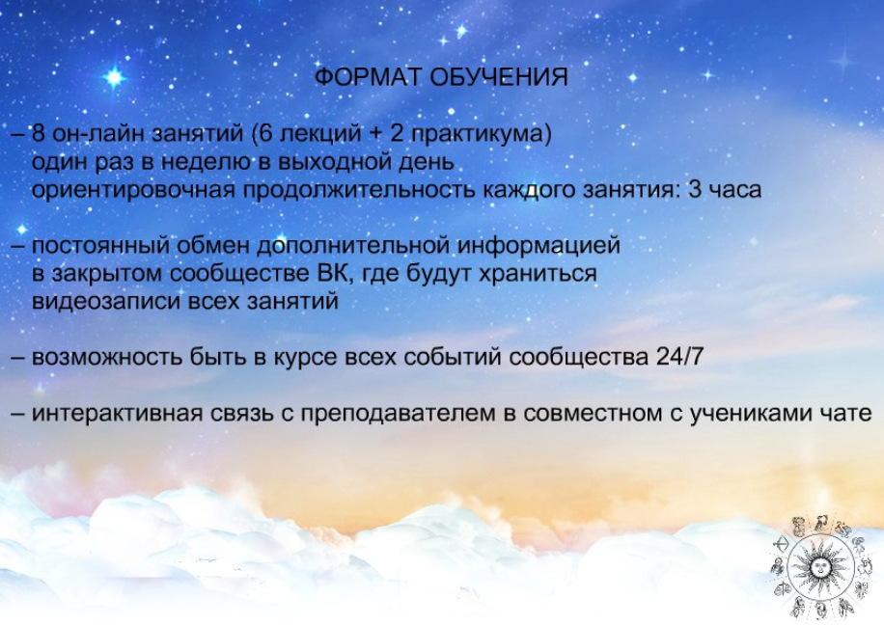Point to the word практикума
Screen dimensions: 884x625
point(478,135)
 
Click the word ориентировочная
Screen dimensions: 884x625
point(133,191)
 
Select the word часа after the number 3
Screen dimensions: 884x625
point(735,191)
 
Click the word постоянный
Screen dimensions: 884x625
point(100,246)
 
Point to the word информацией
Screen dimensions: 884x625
point(538,247)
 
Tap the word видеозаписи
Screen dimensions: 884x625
point(105,302)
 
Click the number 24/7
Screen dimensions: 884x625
point(680,358)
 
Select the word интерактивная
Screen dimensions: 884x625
point(117,414)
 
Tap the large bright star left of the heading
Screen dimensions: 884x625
point(115,77)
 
